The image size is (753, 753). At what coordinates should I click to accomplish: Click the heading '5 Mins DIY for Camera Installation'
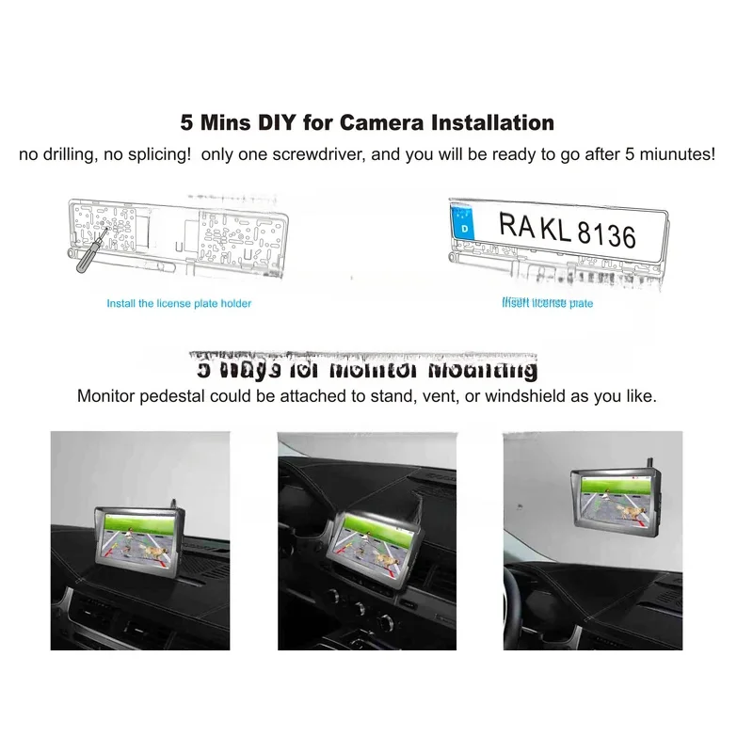click(x=367, y=122)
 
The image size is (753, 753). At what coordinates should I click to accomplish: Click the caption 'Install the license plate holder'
click(x=179, y=304)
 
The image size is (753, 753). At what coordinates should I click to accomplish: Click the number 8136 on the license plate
click(x=605, y=232)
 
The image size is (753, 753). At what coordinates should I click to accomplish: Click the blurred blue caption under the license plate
click(x=548, y=303)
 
